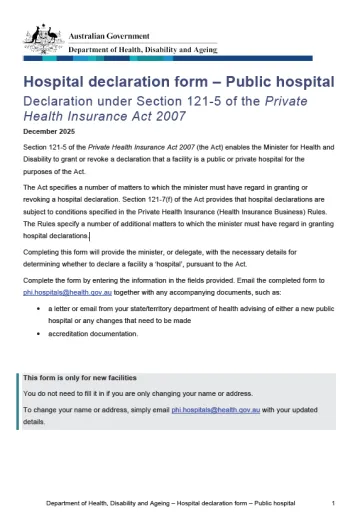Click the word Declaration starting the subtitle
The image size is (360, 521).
tap(55, 100)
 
